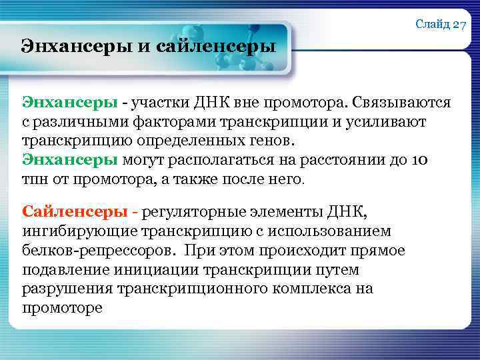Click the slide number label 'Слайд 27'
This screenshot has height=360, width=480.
tap(441, 25)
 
